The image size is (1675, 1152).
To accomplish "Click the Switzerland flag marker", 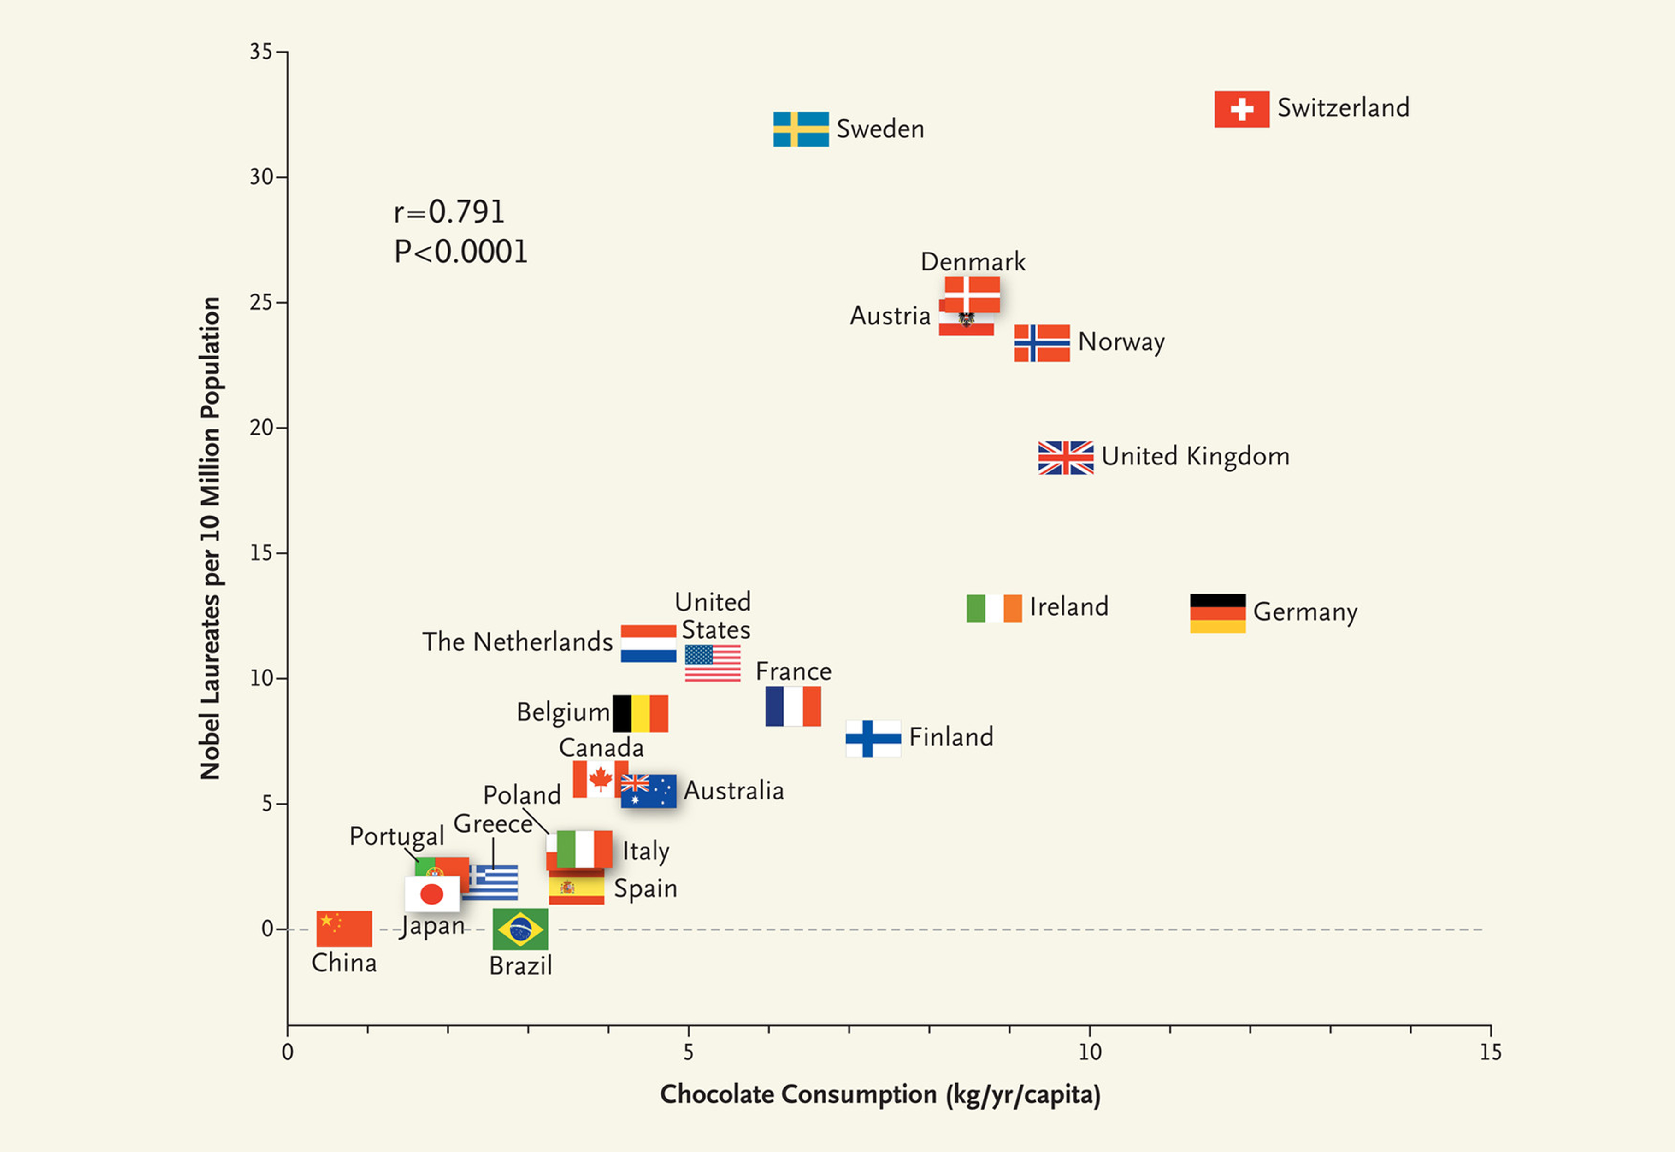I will tap(1241, 109).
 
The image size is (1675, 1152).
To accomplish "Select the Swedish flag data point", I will tap(801, 129).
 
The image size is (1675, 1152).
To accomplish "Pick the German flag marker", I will tap(1217, 613).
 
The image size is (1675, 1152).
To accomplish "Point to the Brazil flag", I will tap(520, 929).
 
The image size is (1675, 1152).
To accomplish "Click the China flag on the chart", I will tap(344, 928).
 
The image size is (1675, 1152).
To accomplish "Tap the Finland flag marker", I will tap(873, 738).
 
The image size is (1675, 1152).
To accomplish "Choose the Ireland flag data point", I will tap(993, 608).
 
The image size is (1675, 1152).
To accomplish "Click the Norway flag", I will tap(1041, 343).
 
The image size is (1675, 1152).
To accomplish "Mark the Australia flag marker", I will tap(649, 791).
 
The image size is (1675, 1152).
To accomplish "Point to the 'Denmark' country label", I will tap(973, 261).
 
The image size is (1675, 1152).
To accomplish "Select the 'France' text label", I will tap(793, 671).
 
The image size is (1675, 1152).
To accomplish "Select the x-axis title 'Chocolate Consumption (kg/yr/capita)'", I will tap(880, 1094).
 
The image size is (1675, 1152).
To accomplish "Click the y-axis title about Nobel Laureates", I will tap(210, 538).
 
